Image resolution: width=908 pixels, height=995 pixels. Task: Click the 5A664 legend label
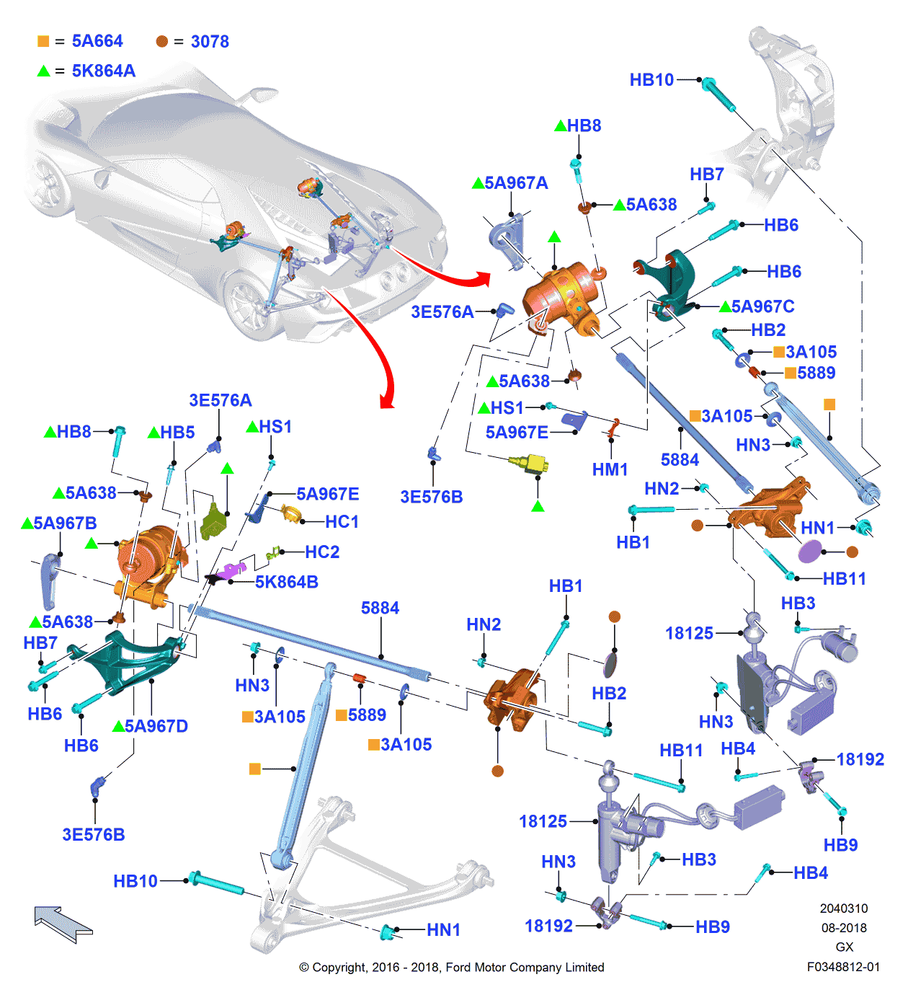pos(97,41)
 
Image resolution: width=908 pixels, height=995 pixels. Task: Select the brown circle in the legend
pos(162,41)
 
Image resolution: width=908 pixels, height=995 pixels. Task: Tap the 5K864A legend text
pos(104,71)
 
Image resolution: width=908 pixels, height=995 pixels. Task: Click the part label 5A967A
pos(516,183)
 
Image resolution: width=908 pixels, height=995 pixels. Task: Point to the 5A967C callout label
pos(762,306)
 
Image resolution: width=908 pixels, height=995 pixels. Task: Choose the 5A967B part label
pos(65,523)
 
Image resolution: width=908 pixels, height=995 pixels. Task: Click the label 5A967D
pos(156,726)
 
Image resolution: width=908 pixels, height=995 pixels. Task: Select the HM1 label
pos(610,469)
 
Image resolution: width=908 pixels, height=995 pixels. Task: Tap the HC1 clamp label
pos(342,521)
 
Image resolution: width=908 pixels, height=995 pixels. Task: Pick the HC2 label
pos(322,552)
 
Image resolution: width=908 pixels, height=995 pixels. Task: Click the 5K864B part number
pos(287,582)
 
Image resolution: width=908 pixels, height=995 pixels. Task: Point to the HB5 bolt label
pos(177,432)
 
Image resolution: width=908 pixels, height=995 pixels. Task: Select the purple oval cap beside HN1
pos(810,552)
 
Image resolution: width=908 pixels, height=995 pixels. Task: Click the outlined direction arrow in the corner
pos(63,924)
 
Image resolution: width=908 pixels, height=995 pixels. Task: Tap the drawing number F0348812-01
pos(843,967)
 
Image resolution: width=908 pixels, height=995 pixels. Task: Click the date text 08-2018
pos(844,928)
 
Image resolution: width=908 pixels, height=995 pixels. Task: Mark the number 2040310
pos(844,908)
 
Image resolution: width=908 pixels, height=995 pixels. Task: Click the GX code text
pos(845,947)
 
